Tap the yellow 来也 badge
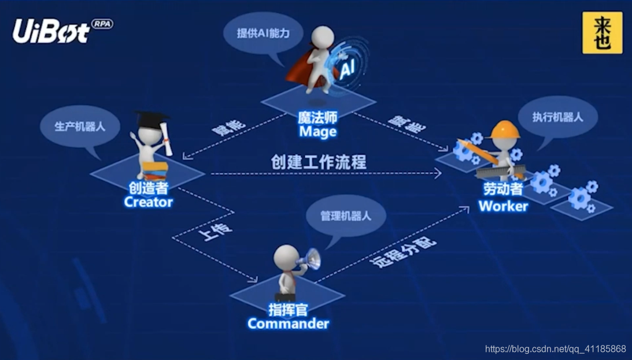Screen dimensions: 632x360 [x=602, y=33]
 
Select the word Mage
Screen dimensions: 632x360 [x=317, y=132]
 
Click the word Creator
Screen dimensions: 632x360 [x=148, y=202]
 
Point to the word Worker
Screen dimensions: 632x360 [x=503, y=206]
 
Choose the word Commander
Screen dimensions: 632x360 [x=288, y=323]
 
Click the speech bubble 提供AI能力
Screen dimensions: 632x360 [x=263, y=34]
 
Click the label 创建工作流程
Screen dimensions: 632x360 [x=319, y=162]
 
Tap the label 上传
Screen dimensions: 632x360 [x=215, y=231]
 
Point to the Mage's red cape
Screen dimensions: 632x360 [x=301, y=72]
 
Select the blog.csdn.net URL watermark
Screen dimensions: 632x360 [x=555, y=349]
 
